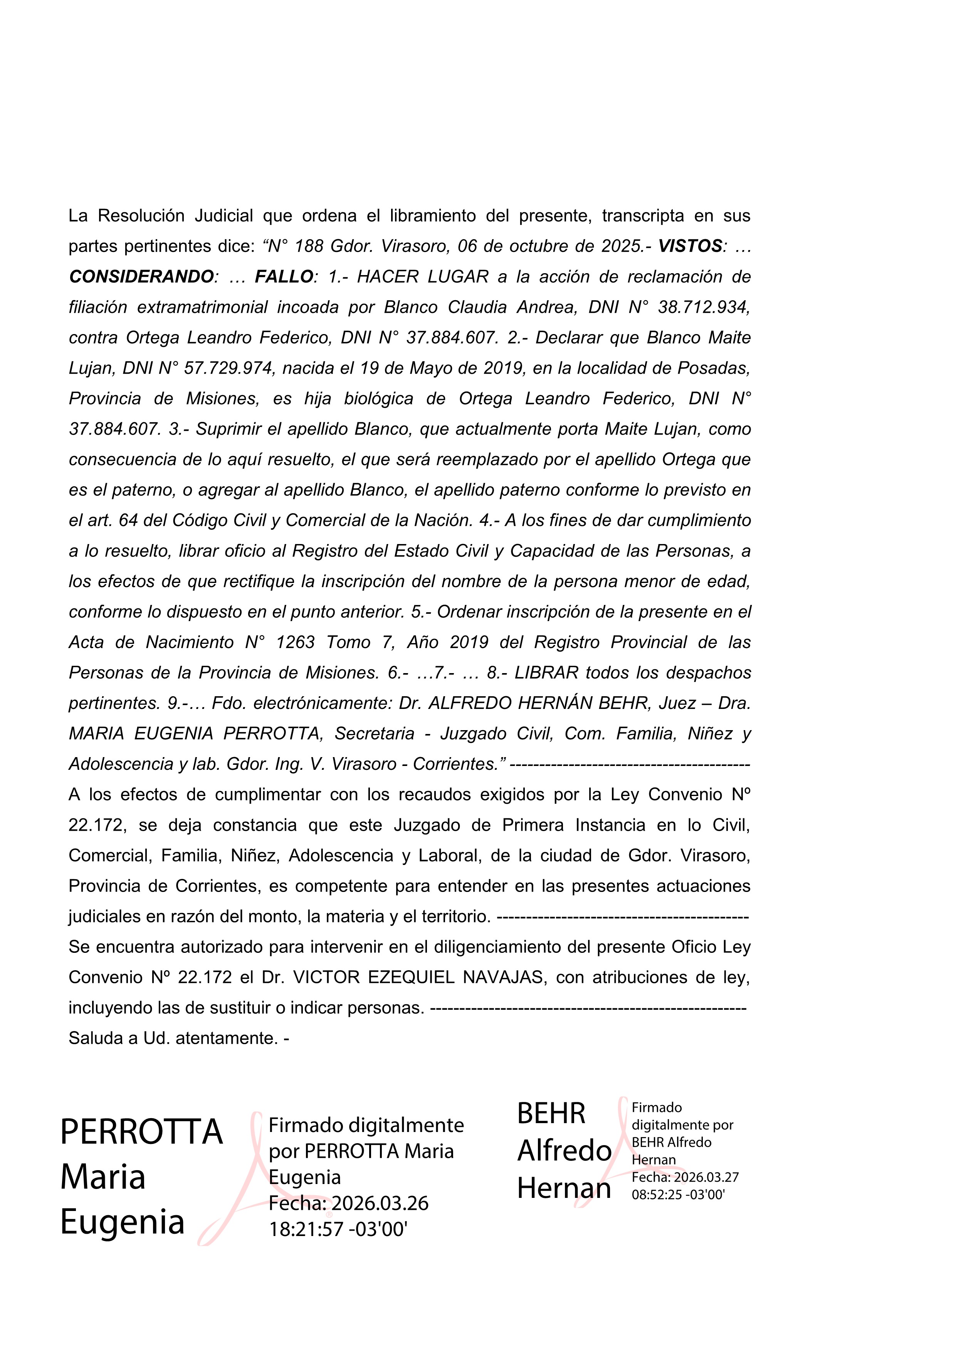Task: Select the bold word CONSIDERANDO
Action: coord(141,277)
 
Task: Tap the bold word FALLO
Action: coord(284,277)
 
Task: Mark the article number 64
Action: coord(128,521)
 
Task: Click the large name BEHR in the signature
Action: coord(551,1114)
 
